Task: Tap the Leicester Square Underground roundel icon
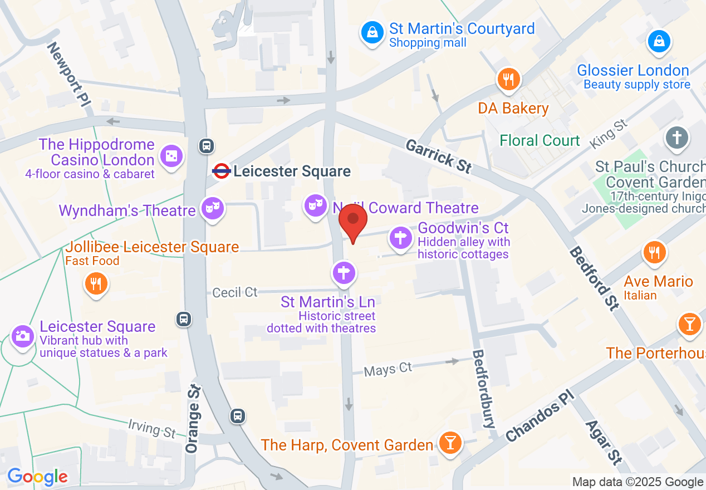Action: (221, 171)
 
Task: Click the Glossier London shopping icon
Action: (659, 42)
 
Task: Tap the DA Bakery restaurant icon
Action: (508, 80)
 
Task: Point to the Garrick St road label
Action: (439, 155)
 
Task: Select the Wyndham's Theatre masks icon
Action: (213, 209)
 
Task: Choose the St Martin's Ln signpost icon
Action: (344, 273)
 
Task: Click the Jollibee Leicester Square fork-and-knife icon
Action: (96, 284)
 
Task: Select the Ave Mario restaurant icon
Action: (655, 253)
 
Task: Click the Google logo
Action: (37, 477)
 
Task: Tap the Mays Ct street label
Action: (388, 369)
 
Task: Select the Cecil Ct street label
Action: (235, 292)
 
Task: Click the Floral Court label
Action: (540, 140)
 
